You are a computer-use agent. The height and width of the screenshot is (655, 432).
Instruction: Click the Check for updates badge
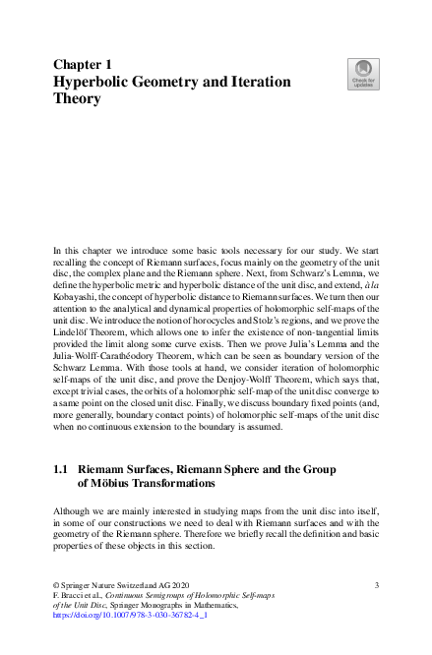point(364,73)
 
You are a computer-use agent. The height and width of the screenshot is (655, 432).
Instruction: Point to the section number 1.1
point(59,471)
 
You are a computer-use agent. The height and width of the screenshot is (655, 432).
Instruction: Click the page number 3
point(376,585)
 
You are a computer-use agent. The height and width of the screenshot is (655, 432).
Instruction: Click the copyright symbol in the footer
point(54,585)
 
